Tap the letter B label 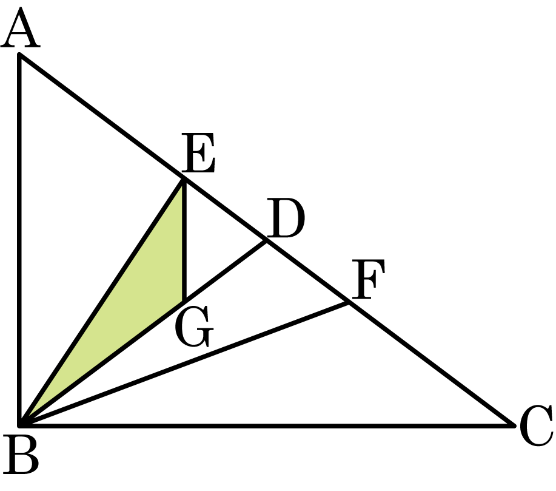[21, 455]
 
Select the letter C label [536, 425]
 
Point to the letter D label [286, 218]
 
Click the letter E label [198, 153]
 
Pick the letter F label [368, 279]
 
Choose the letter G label [194, 327]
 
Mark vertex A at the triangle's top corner [19, 54]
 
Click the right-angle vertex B [20, 425]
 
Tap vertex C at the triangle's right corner [514, 425]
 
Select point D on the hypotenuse [266, 241]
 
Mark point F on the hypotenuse [348, 303]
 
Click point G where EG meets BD [184, 301]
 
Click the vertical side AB [19, 240]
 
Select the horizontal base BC [267, 425]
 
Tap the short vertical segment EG [184, 240]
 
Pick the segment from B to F [184, 364]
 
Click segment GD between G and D [225, 271]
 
